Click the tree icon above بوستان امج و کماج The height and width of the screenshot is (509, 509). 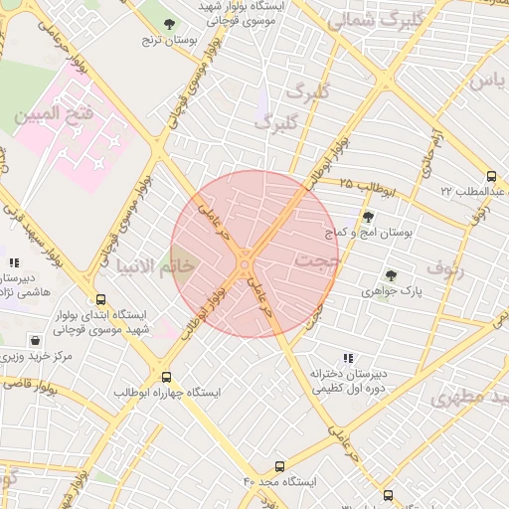[369, 217]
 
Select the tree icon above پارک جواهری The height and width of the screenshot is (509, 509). [391, 275]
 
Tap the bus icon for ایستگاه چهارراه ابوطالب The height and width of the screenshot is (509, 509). [165, 377]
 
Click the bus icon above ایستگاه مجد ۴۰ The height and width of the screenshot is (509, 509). [279, 465]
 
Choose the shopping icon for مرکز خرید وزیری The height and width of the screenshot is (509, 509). [36, 339]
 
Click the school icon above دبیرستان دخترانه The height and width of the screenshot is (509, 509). [347, 357]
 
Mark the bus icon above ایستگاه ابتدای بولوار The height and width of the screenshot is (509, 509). [100, 298]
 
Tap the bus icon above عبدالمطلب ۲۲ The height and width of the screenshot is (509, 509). [491, 176]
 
